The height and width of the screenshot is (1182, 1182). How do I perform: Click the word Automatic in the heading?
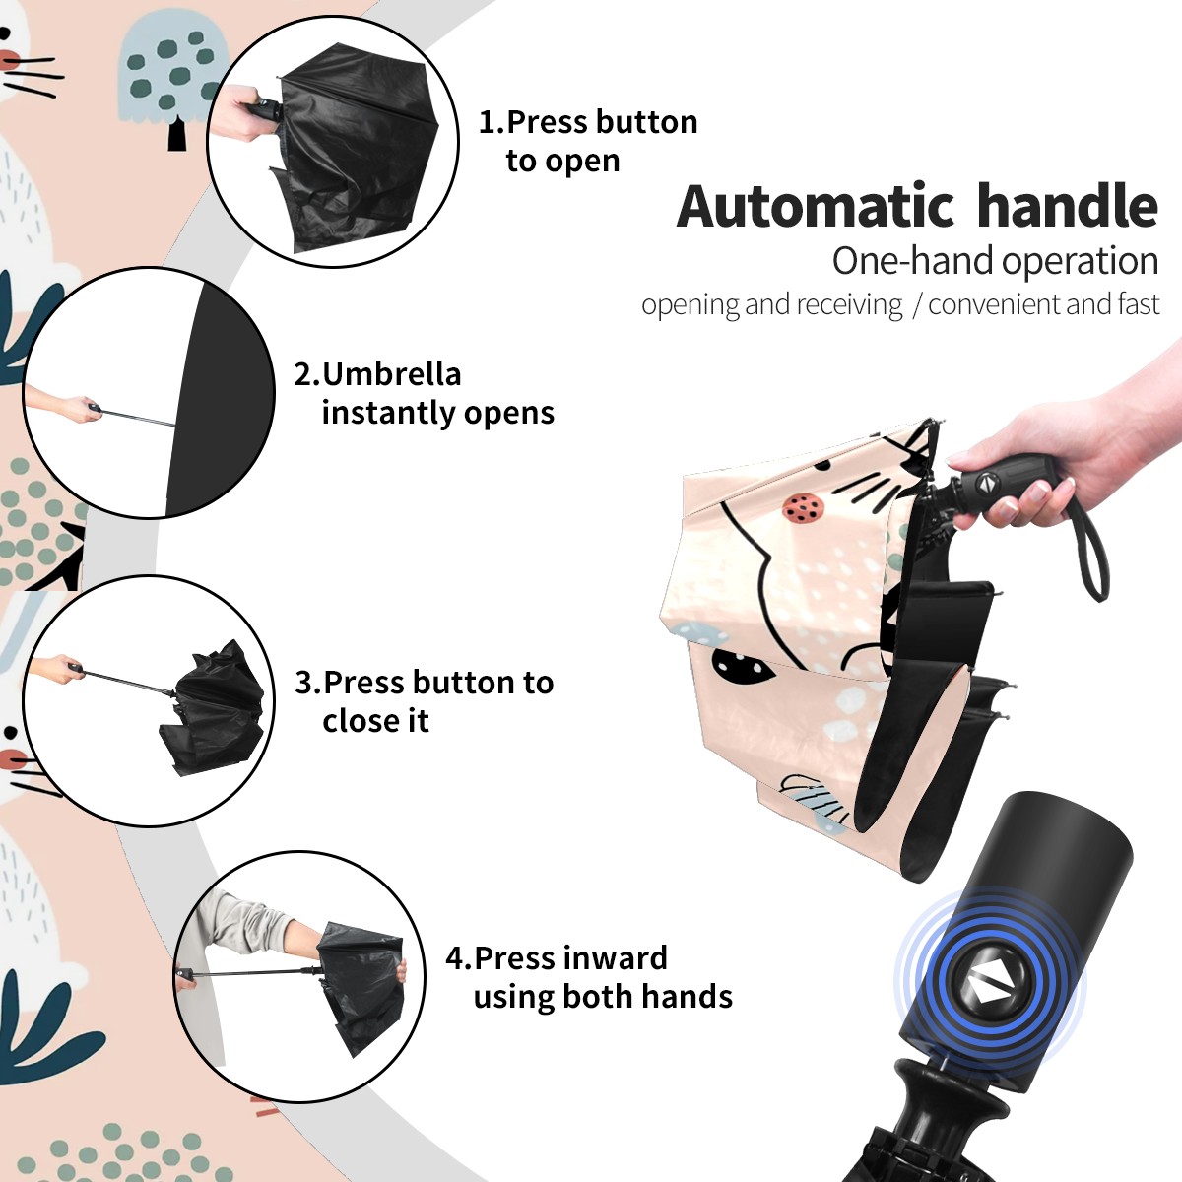[816, 207]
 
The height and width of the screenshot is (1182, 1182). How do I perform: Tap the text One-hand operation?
[995, 261]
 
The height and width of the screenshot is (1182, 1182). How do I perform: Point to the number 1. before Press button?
[492, 122]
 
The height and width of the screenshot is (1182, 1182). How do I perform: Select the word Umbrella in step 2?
[391, 374]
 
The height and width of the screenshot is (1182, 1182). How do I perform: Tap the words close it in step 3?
[375, 720]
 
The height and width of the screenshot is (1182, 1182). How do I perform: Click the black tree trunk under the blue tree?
[177, 133]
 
